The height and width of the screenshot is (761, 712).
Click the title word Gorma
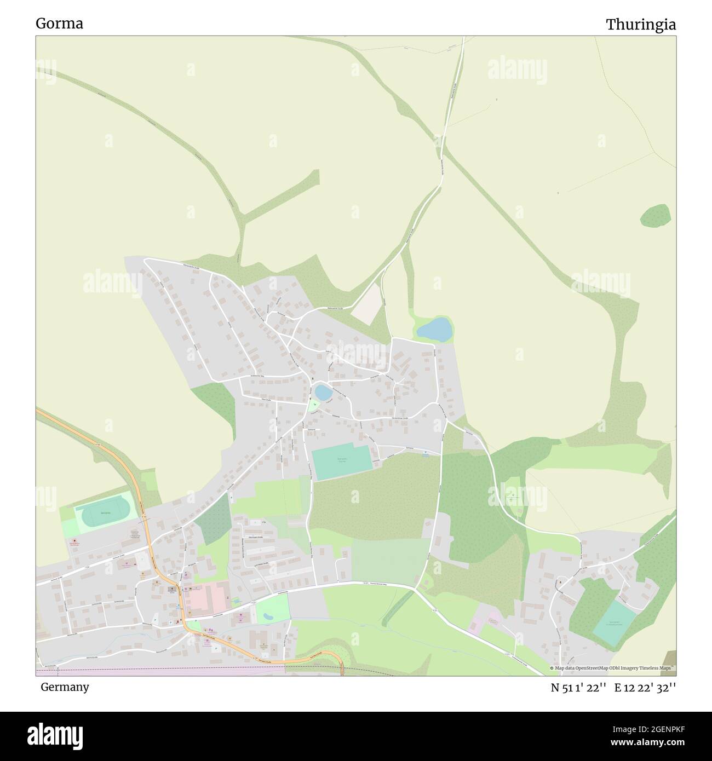tap(59, 24)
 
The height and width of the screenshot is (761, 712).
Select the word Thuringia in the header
tap(640, 25)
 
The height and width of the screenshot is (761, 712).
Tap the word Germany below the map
tap(65, 687)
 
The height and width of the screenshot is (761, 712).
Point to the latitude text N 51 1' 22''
tap(578, 688)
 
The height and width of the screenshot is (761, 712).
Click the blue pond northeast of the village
tap(435, 330)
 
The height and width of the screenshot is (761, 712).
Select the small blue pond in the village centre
tap(323, 392)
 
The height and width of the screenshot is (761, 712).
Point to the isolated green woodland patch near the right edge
tap(656, 216)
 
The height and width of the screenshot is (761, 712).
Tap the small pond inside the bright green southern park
tap(268, 615)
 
